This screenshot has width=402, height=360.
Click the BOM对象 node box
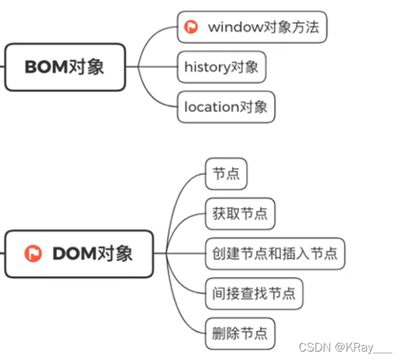65,67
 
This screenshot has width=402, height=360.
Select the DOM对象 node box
79,254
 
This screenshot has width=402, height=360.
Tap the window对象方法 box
252,27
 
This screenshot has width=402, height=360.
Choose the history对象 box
222,67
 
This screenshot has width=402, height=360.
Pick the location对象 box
226,107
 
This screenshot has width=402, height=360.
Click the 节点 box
226,174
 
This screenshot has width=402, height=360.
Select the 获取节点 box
240,214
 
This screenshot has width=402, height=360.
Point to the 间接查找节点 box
253,294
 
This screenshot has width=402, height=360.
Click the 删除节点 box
240,334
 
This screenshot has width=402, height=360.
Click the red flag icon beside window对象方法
191,27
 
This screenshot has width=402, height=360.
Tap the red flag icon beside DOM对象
32,254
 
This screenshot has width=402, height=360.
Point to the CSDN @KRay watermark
346,348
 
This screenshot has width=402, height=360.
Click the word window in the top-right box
231,27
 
